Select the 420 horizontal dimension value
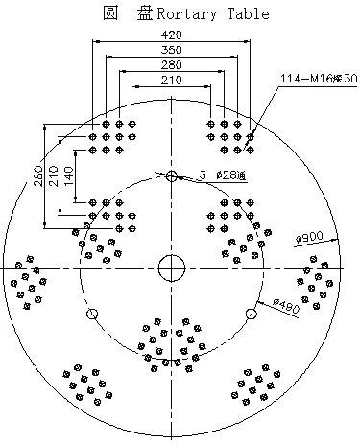coord(172,35)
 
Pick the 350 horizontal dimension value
coord(172,49)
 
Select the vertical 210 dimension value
coord(54,177)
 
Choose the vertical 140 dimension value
coord(69,177)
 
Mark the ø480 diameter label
coord(286,305)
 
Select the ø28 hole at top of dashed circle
coord(172,175)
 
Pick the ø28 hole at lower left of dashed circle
coord(93,314)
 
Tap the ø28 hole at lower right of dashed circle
coord(252,313)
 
